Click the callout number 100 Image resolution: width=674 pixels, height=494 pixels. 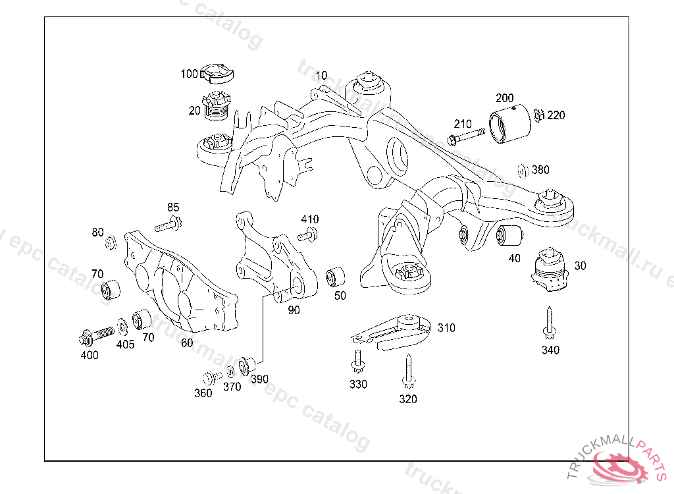(189, 74)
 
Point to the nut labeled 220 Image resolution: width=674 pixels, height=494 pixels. (537, 116)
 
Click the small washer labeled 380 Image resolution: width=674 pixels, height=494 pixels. (523, 170)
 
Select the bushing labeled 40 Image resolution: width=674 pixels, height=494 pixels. (509, 233)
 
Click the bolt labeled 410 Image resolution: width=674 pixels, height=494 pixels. (307, 234)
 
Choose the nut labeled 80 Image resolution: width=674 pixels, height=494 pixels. (111, 243)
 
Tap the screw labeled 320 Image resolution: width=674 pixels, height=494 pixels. (408, 371)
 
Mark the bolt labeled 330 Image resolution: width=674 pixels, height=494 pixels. (357, 360)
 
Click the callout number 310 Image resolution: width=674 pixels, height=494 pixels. (446, 328)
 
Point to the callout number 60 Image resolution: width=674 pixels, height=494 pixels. (187, 343)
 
